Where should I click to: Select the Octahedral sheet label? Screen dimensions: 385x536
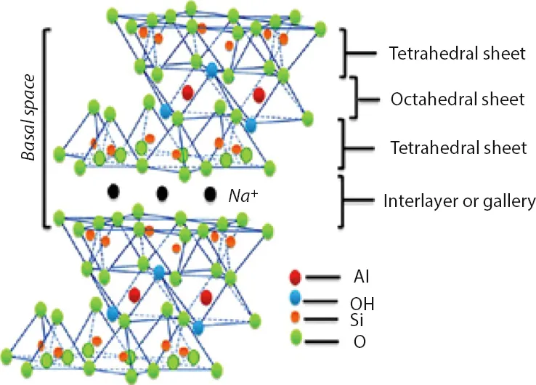click(448, 100)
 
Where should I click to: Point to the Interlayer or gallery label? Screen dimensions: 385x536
click(448, 200)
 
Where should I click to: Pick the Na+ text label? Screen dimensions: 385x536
click(242, 195)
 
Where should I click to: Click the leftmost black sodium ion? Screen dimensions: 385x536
click(113, 192)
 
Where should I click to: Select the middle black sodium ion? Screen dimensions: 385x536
click(162, 193)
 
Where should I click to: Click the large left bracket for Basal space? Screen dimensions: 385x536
click(45, 127)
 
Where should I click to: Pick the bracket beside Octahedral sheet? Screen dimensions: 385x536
click(354, 97)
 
